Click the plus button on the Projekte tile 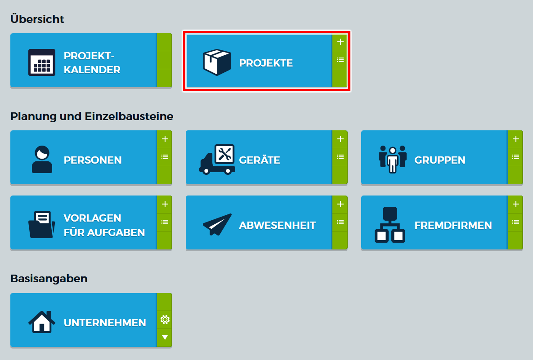click(x=340, y=42)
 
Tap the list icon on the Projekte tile click(x=340, y=60)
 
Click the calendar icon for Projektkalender click(x=42, y=62)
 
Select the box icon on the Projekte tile click(x=217, y=62)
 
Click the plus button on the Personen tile click(x=165, y=139)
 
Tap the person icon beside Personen click(x=42, y=160)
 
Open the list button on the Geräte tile click(x=340, y=157)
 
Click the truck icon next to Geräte click(x=217, y=160)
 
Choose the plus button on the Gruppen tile click(x=515, y=139)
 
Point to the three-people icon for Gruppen click(x=392, y=160)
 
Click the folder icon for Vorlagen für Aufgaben click(x=42, y=224)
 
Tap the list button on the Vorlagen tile click(x=165, y=222)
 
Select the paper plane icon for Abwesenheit click(x=217, y=224)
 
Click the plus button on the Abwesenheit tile click(x=340, y=204)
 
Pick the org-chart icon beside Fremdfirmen click(x=390, y=225)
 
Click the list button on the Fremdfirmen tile click(x=515, y=222)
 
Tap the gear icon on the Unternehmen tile click(x=165, y=320)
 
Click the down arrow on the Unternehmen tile click(x=165, y=337)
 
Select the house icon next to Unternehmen click(x=42, y=322)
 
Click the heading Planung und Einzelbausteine click(x=92, y=116)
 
